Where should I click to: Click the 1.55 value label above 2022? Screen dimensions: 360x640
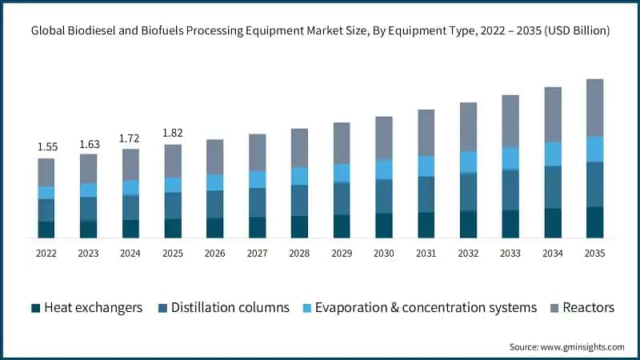tap(46, 147)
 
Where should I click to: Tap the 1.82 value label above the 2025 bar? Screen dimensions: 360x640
tap(173, 133)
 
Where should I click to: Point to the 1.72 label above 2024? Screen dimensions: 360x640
tap(130, 138)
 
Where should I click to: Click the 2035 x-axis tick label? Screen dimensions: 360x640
tap(595, 253)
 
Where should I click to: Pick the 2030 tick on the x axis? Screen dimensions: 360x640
tap(384, 253)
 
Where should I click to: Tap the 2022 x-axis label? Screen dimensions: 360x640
tap(46, 253)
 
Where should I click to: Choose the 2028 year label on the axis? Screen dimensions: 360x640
tap(299, 253)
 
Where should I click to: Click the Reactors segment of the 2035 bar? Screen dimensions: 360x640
tap(595, 107)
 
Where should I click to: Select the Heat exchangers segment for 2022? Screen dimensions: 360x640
tap(46, 230)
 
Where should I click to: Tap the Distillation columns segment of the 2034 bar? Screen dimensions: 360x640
tap(553, 187)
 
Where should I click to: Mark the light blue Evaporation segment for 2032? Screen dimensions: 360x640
tap(468, 162)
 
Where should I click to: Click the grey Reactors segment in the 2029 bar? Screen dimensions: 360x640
tap(342, 143)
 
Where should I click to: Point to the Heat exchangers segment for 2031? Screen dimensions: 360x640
tap(426, 225)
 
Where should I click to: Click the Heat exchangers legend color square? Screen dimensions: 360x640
tap(35, 308)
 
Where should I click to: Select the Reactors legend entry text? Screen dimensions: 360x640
tap(588, 308)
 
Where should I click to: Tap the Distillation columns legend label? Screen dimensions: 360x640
tap(230, 308)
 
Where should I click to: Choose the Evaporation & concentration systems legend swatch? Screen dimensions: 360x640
tap(306, 308)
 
